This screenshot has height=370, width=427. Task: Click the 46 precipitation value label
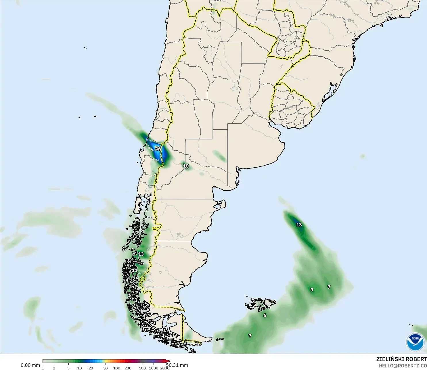point(158,149)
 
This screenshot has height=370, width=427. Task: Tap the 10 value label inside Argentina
point(186,166)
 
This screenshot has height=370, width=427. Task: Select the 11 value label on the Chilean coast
point(135,270)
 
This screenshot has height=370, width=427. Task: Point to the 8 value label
point(130,295)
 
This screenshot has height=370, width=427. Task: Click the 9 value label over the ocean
point(312,290)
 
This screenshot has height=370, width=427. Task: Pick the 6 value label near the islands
point(265,315)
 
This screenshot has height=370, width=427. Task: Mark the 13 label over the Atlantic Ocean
point(299,225)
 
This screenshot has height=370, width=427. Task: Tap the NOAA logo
point(415,342)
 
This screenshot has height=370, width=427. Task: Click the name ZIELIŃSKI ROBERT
point(401,359)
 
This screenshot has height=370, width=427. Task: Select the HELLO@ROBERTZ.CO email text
point(403,366)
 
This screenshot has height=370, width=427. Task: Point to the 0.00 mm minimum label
point(30,365)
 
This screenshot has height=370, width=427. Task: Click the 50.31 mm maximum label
point(177,365)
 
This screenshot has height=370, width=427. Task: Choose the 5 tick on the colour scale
point(68,368)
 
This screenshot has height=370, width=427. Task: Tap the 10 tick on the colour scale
point(80,368)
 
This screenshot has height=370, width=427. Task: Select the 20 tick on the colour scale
point(91,368)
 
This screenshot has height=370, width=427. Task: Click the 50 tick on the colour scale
point(106,368)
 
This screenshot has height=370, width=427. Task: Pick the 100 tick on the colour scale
point(117,368)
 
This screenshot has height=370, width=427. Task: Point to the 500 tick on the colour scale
point(142,368)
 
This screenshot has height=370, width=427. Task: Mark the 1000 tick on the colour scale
point(154,368)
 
